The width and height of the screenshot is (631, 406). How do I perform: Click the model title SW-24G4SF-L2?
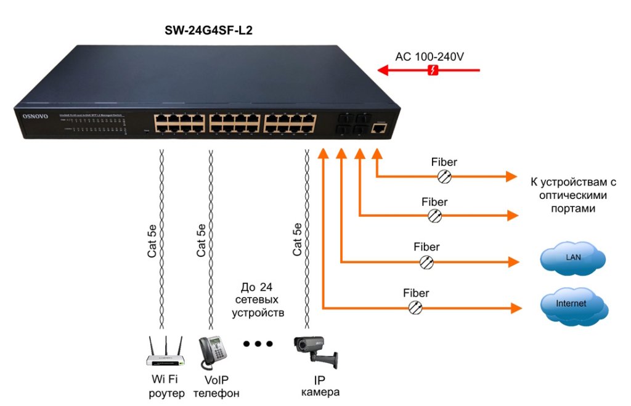[208, 30]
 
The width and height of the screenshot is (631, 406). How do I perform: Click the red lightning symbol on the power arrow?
[433, 71]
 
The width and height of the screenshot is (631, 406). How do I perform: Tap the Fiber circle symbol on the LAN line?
[426, 262]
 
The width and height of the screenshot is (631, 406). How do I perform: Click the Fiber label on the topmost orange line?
[444, 163]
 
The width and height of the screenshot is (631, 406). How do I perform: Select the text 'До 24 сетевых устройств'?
[258, 300]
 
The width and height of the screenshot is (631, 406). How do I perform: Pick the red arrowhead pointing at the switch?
[383, 71]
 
